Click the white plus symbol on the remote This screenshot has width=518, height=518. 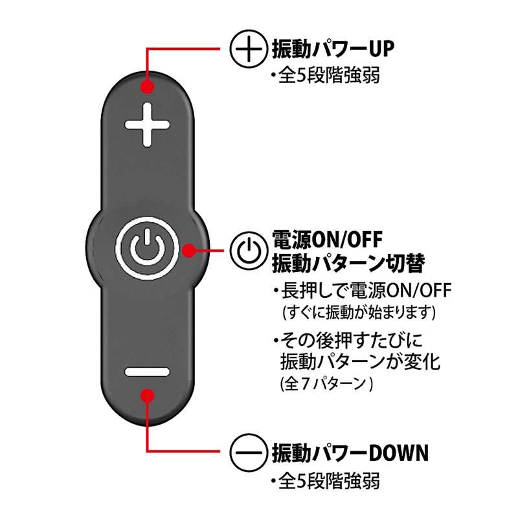(148, 124)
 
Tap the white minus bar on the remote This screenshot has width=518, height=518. (148, 372)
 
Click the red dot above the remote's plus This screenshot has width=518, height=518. (148, 87)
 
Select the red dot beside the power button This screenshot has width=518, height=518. (189, 251)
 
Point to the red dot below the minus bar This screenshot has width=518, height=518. (148, 396)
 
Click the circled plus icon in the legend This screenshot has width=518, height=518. (249, 49)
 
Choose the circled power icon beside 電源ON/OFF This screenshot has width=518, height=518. (249, 251)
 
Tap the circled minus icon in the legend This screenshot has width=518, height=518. (249, 452)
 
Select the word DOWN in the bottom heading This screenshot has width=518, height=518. (398, 453)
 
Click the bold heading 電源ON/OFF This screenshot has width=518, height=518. (327, 239)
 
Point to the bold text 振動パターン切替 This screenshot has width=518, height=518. (348, 264)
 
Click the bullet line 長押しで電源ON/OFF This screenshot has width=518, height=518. (363, 290)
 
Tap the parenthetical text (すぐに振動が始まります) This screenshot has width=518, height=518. (359, 311)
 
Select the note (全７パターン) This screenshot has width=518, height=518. (327, 383)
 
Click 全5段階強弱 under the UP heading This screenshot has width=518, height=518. (326, 75)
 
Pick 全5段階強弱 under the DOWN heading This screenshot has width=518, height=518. (326, 481)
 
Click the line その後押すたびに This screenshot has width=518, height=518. (348, 341)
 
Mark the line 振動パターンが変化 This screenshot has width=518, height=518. (361, 362)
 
